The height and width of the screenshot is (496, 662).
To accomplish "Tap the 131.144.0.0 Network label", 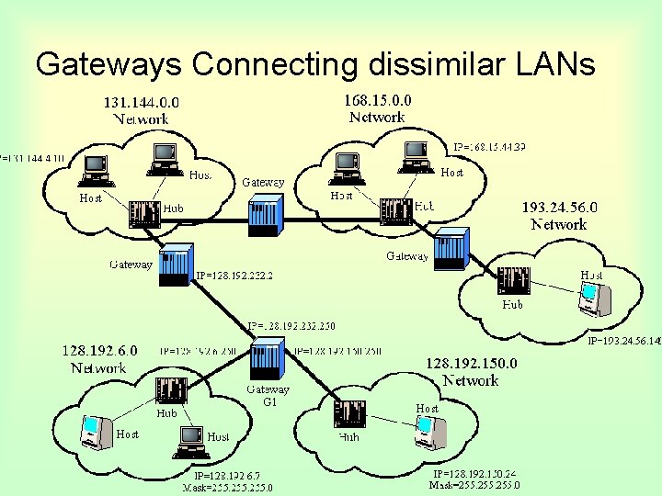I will [x=141, y=111].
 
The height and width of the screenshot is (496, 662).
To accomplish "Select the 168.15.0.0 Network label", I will [x=377, y=108].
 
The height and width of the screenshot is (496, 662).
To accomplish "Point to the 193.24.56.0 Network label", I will [x=559, y=216].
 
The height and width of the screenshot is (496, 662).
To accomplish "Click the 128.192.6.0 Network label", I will [x=99, y=359].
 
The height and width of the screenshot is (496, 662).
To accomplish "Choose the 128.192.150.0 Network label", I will [x=471, y=372].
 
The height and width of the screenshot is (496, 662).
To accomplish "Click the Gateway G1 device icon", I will [x=268, y=361].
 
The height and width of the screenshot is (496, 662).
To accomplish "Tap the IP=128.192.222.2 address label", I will [x=234, y=275].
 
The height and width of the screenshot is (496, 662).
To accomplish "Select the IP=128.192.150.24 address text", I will [x=474, y=473].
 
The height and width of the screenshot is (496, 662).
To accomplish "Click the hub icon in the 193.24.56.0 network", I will [x=512, y=280].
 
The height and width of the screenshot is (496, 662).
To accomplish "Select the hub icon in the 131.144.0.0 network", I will [x=145, y=214].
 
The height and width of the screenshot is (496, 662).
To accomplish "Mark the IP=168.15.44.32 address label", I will [x=489, y=147].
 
